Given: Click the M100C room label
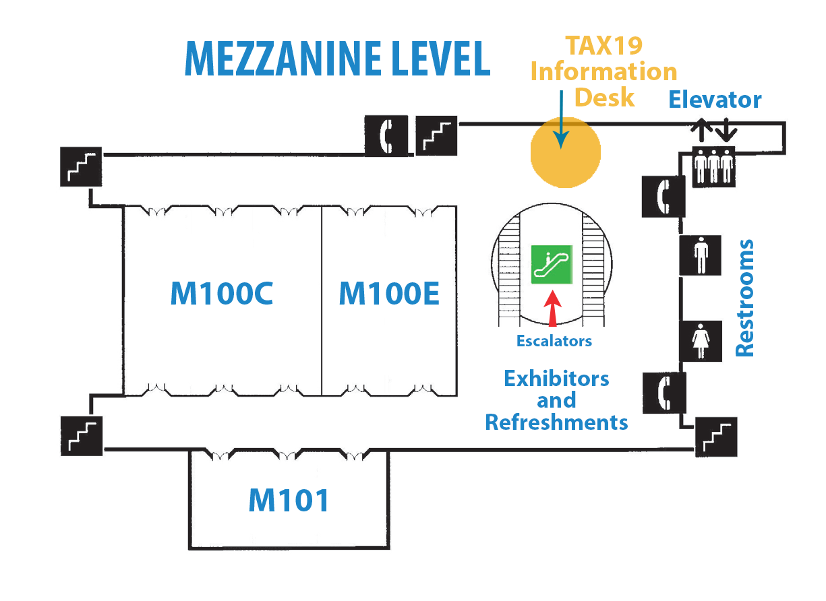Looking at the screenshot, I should [x=222, y=293].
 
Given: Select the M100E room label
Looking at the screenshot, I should [x=389, y=293].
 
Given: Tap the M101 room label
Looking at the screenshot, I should [x=289, y=500].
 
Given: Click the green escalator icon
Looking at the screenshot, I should [x=552, y=265].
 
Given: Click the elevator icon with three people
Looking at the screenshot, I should [x=713, y=164].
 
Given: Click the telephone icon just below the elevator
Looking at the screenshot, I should [x=663, y=195].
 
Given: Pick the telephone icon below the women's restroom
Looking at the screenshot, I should [x=665, y=392].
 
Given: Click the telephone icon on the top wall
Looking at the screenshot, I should [x=386, y=135].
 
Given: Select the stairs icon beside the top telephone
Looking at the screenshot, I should [x=436, y=135].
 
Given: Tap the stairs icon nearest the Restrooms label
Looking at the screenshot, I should [x=716, y=437].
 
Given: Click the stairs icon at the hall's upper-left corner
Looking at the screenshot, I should [x=81, y=166].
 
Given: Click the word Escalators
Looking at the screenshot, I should [x=554, y=341].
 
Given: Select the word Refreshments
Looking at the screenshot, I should [x=557, y=422].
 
